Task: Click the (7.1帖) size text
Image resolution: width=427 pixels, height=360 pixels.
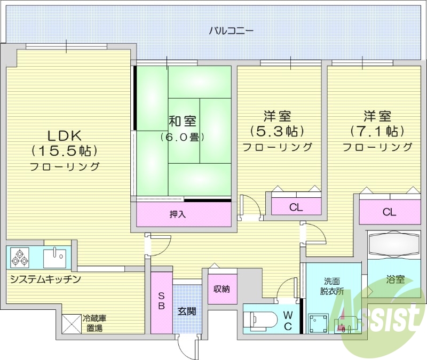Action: tap(377, 131)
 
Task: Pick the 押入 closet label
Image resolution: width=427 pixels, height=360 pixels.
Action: tap(177, 214)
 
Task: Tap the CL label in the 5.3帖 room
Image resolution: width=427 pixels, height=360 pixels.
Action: tap(296, 207)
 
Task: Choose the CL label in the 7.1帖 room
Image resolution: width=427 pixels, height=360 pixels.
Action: tap(389, 212)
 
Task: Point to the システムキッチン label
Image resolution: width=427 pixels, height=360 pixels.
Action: tap(45, 279)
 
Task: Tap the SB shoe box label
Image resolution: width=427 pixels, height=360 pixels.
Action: tap(161, 301)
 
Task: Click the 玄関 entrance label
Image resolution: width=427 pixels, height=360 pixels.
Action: tap(186, 311)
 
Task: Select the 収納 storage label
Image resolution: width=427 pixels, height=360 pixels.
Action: tap(222, 289)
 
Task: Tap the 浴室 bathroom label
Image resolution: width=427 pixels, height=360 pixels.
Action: tap(396, 279)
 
